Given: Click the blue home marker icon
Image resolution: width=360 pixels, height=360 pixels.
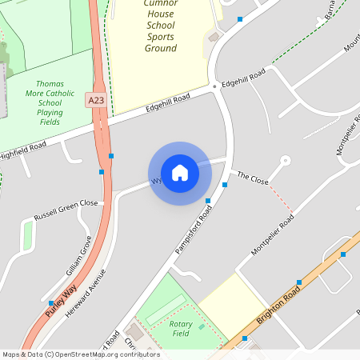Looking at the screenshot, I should click(180, 173).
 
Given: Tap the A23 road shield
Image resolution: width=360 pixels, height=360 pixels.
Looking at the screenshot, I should click(96, 99).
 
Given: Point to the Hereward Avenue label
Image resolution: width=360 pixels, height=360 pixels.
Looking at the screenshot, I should click(86, 291).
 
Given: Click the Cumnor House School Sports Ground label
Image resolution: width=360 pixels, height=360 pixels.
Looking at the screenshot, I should click(161, 26).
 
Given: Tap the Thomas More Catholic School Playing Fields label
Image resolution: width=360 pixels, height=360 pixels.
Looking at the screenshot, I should click(50, 102).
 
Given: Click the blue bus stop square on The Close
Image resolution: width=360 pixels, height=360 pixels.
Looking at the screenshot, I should click(225, 185).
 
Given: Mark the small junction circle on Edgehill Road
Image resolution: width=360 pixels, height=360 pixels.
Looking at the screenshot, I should click(214, 86).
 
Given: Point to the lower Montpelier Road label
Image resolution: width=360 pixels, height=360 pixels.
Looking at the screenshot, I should click(273, 234).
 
